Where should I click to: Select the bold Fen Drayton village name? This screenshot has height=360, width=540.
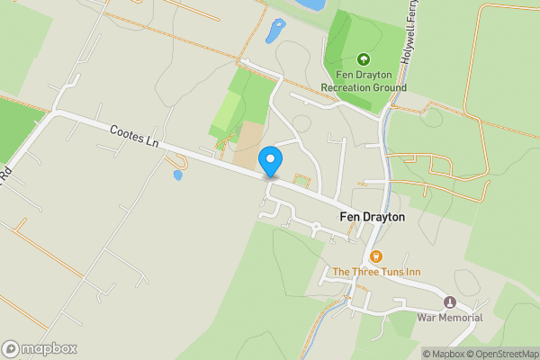point(372,217)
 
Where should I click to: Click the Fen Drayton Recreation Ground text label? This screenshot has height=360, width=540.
point(364,81)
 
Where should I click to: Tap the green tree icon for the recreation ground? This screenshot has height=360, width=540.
point(364,59)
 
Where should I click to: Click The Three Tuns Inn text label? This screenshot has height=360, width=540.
point(375,271)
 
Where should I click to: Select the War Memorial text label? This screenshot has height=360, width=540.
point(450,317)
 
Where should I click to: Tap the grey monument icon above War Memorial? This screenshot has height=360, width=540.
point(450,301)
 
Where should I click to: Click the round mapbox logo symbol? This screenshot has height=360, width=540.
point(11,348)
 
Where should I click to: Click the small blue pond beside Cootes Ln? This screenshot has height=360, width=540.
point(177,175)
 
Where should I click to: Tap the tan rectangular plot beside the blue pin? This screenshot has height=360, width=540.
point(247,143)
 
